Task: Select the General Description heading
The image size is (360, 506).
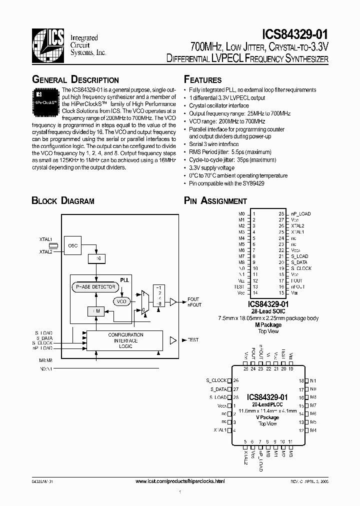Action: coord(75,80)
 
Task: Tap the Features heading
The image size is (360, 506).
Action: coord(202,80)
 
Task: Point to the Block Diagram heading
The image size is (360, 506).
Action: coord(63,201)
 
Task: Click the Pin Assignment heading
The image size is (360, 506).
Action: coord(215,201)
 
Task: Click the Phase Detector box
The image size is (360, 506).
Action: coord(95,287)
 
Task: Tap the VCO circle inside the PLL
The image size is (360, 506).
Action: coord(121,301)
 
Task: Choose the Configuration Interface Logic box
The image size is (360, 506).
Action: coord(125,340)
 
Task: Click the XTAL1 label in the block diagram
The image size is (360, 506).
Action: coord(45,240)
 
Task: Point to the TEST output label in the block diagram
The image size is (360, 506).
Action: coord(192,340)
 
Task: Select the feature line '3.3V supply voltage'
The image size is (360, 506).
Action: coord(211,168)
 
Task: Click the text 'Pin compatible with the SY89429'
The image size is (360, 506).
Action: coord(226,183)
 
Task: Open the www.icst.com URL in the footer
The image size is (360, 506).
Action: coord(180,481)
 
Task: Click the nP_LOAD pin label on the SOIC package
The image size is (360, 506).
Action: coord(301,213)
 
